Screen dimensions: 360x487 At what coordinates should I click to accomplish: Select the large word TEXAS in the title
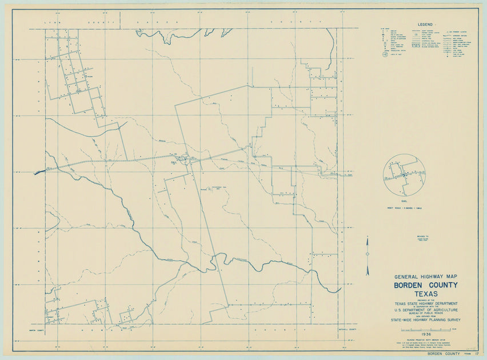[x=425, y=294]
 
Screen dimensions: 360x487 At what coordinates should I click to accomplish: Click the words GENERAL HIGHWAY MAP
[x=425, y=277]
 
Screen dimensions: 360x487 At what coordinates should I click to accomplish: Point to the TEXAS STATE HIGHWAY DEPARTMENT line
[x=425, y=304]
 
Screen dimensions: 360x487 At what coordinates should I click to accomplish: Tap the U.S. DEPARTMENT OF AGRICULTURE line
[x=425, y=311]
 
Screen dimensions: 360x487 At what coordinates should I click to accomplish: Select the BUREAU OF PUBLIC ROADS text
[x=425, y=315]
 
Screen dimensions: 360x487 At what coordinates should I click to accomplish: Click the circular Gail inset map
[x=404, y=175]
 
